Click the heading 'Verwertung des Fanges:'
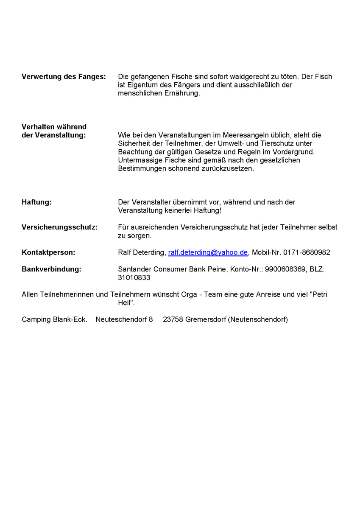64,77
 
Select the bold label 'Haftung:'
36,202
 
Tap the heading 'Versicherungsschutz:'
59,227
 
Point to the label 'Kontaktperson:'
48,252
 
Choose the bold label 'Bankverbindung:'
51,269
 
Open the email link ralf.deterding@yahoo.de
208,252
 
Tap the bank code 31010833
134,278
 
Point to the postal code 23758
173,319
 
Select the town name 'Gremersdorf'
206,319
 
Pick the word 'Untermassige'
138,160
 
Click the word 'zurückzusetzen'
229,169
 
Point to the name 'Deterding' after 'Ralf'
150,252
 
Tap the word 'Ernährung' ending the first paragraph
181,93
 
